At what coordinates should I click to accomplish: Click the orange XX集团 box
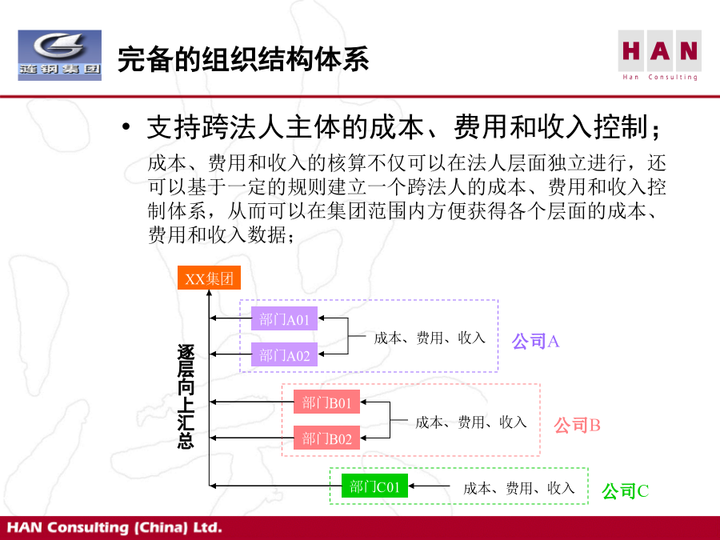point(209,278)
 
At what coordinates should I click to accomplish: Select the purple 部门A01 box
point(284,318)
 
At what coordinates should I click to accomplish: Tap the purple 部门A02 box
point(284,354)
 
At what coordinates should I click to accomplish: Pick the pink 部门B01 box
point(326,402)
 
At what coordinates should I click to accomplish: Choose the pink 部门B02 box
point(326,438)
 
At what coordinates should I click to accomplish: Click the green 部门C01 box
point(374,486)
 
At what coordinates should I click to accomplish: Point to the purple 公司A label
point(535,341)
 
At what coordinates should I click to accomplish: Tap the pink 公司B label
point(577,426)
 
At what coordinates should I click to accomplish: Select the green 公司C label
point(625,491)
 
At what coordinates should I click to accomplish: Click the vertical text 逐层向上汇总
point(186,396)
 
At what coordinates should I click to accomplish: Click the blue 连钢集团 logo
point(60,55)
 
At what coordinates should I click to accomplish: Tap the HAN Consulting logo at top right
point(660,55)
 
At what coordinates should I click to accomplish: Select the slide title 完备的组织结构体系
point(243,59)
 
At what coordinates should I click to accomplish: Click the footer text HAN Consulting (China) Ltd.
point(114,527)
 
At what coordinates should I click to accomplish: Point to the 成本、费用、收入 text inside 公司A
point(430,338)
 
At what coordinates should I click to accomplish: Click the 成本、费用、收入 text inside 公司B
point(470,422)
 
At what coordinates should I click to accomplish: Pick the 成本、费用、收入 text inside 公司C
point(519,488)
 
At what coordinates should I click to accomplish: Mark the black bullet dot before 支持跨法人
point(126,126)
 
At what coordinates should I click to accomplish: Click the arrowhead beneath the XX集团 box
point(210,293)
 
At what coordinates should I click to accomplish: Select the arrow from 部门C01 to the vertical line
point(275,486)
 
